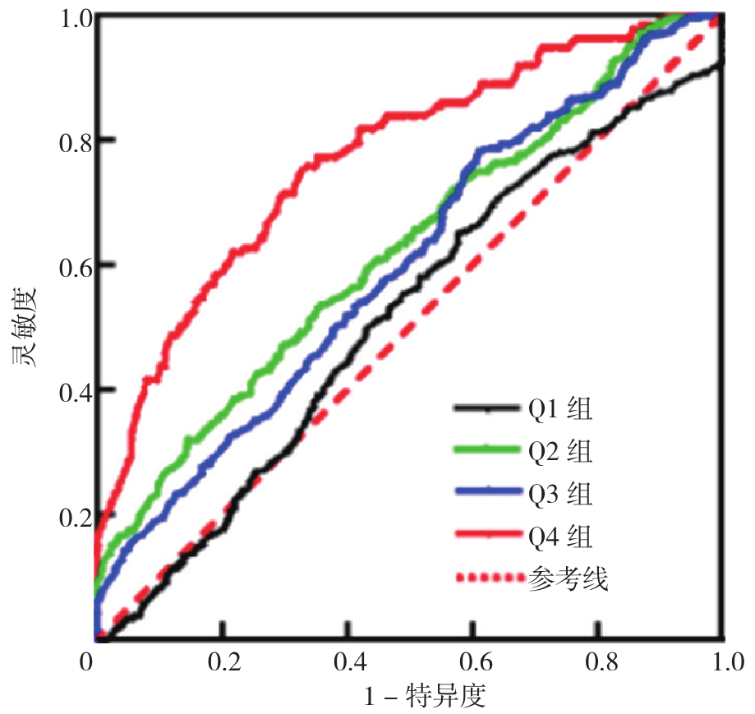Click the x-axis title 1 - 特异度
[426, 697]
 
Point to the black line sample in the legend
[487, 408]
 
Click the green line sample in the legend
[487, 450]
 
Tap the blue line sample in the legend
[487, 493]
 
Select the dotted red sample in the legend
[487, 578]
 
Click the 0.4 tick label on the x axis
[348, 661]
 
